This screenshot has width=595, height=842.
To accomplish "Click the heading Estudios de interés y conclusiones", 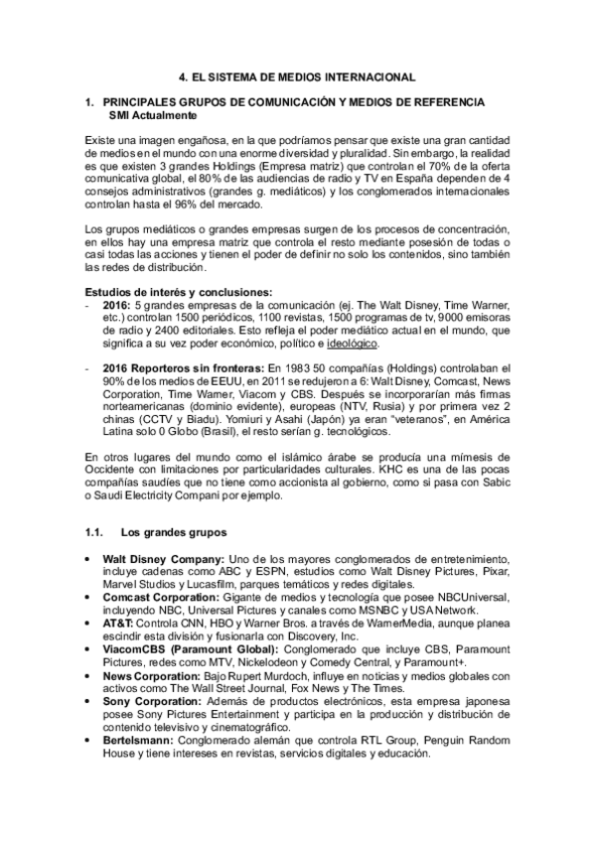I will (178, 291).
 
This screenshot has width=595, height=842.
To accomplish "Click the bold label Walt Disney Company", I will (164, 559).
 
